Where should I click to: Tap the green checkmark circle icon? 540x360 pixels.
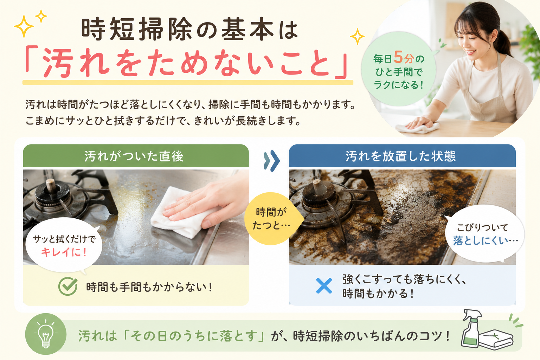pos(68,286)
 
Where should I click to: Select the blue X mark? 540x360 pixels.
pos(324,286)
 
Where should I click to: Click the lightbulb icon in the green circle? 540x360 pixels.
pos(46,334)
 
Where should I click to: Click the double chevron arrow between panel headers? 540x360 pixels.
pos(272,161)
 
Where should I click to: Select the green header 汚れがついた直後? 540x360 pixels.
pos(136,156)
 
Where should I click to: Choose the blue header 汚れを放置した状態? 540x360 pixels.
pos(402,156)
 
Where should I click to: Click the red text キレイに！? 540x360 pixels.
pos(64,252)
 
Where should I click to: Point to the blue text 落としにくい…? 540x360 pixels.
pos(485,240)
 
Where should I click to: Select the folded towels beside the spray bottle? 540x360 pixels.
pos(496,339)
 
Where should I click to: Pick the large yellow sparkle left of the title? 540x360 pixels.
pos(24,26)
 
